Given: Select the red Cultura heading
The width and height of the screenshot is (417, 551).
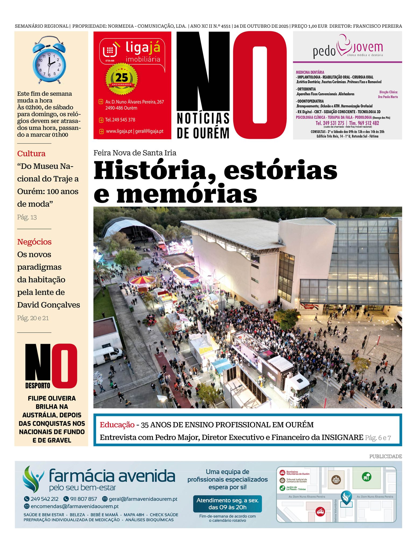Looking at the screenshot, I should click(31, 154).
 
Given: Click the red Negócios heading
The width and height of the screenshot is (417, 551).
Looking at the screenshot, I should click(34, 242).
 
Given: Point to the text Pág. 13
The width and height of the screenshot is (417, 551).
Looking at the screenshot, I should click(27, 217).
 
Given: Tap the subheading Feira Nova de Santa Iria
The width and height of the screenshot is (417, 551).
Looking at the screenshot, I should click(135, 153).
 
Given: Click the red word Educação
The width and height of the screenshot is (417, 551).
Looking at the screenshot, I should click(117, 425).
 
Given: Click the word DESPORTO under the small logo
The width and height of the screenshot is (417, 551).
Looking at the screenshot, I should click(38, 386).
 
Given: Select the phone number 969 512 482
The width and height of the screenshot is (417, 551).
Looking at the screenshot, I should click(368, 123).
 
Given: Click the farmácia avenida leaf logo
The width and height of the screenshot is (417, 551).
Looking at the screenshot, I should click(33, 479).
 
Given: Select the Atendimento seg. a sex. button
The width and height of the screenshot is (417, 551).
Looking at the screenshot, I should click(227, 504).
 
